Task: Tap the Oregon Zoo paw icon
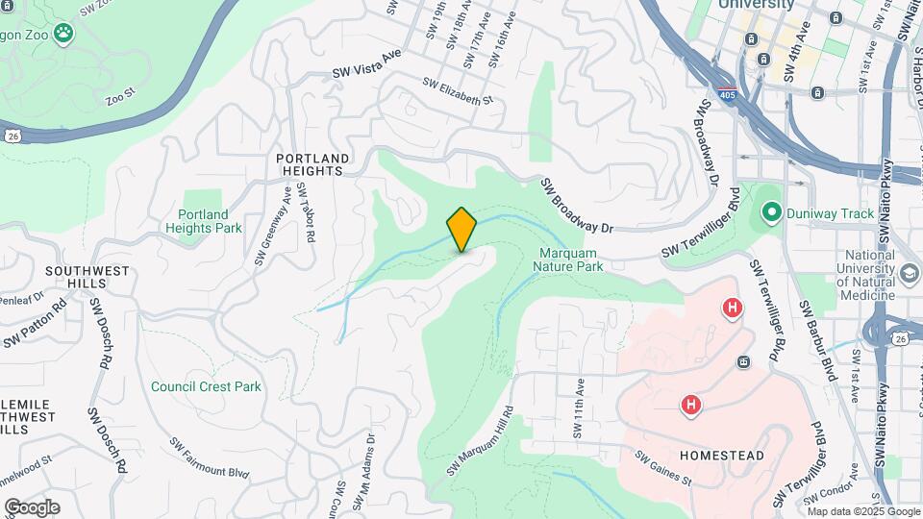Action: [x=63, y=34]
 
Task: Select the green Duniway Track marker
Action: [x=770, y=212]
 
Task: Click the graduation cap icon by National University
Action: [x=908, y=274]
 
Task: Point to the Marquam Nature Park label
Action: [x=570, y=259]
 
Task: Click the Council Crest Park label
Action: [x=206, y=386]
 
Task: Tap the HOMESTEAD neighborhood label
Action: [x=722, y=455]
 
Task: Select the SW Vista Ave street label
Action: [x=365, y=64]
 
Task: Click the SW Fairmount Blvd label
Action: [x=210, y=459]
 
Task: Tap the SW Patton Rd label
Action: [x=35, y=326]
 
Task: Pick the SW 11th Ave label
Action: [x=579, y=407]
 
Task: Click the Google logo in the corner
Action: [x=32, y=507]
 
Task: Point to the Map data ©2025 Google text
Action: [x=861, y=512]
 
